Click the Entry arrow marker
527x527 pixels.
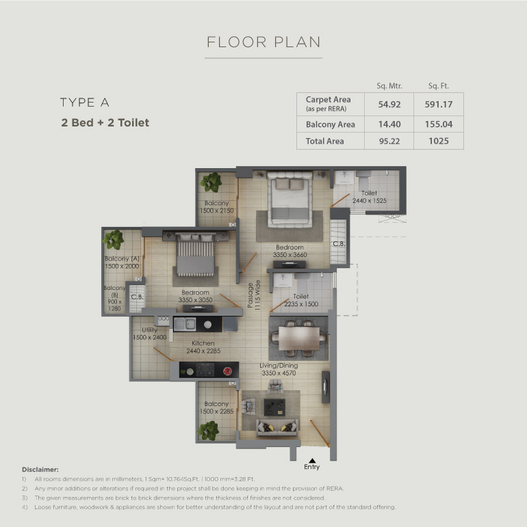click(312, 461)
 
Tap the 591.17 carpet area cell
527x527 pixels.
click(439, 104)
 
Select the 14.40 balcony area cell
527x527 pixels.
click(389, 124)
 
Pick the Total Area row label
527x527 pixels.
click(324, 141)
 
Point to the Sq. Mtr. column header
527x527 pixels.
click(389, 85)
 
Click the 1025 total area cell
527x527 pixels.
click(439, 141)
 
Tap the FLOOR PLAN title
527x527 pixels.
click(263, 42)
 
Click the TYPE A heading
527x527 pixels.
click(85, 102)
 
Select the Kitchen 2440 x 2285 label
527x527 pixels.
click(203, 347)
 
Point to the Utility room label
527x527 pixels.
click(149, 334)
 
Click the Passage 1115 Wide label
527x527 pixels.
click(254, 295)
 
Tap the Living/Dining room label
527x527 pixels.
click(279, 369)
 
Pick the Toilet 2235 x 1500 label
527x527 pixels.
click(301, 300)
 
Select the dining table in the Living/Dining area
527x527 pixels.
click(299, 338)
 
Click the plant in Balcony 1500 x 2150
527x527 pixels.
click(211, 183)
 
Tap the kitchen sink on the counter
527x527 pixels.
click(184, 324)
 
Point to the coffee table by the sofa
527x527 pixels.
click(274, 407)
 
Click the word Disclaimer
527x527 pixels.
click(40, 469)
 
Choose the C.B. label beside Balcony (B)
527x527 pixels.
click(137, 297)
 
